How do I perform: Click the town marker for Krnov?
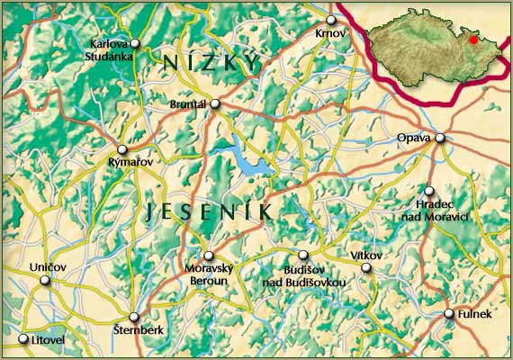click(331, 20)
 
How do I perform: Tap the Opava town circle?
click(440, 138)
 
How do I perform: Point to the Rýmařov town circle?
click(123, 149)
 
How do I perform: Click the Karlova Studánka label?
click(111, 50)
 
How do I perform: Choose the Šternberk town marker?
click(133, 317)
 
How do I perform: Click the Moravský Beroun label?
click(208, 275)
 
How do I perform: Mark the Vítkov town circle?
click(366, 267)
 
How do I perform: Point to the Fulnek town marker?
click(449, 313)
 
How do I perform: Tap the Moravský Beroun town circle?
click(208, 256)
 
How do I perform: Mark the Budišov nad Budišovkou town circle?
click(303, 256)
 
